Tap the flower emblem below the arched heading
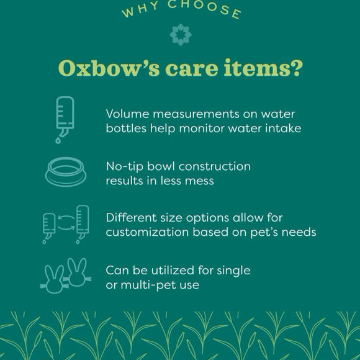[x=180, y=35]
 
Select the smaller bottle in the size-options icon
[x=50, y=225]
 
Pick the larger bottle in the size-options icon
[x=82, y=220]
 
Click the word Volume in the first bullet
[x=127, y=114]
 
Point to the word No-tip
[x=124, y=167]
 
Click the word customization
[x=142, y=232]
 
